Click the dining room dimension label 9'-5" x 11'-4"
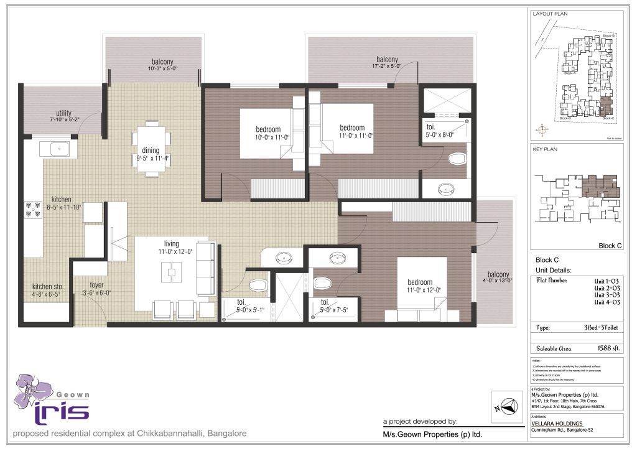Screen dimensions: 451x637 coord(151,158)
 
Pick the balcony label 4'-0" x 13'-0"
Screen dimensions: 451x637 coord(498,279)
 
